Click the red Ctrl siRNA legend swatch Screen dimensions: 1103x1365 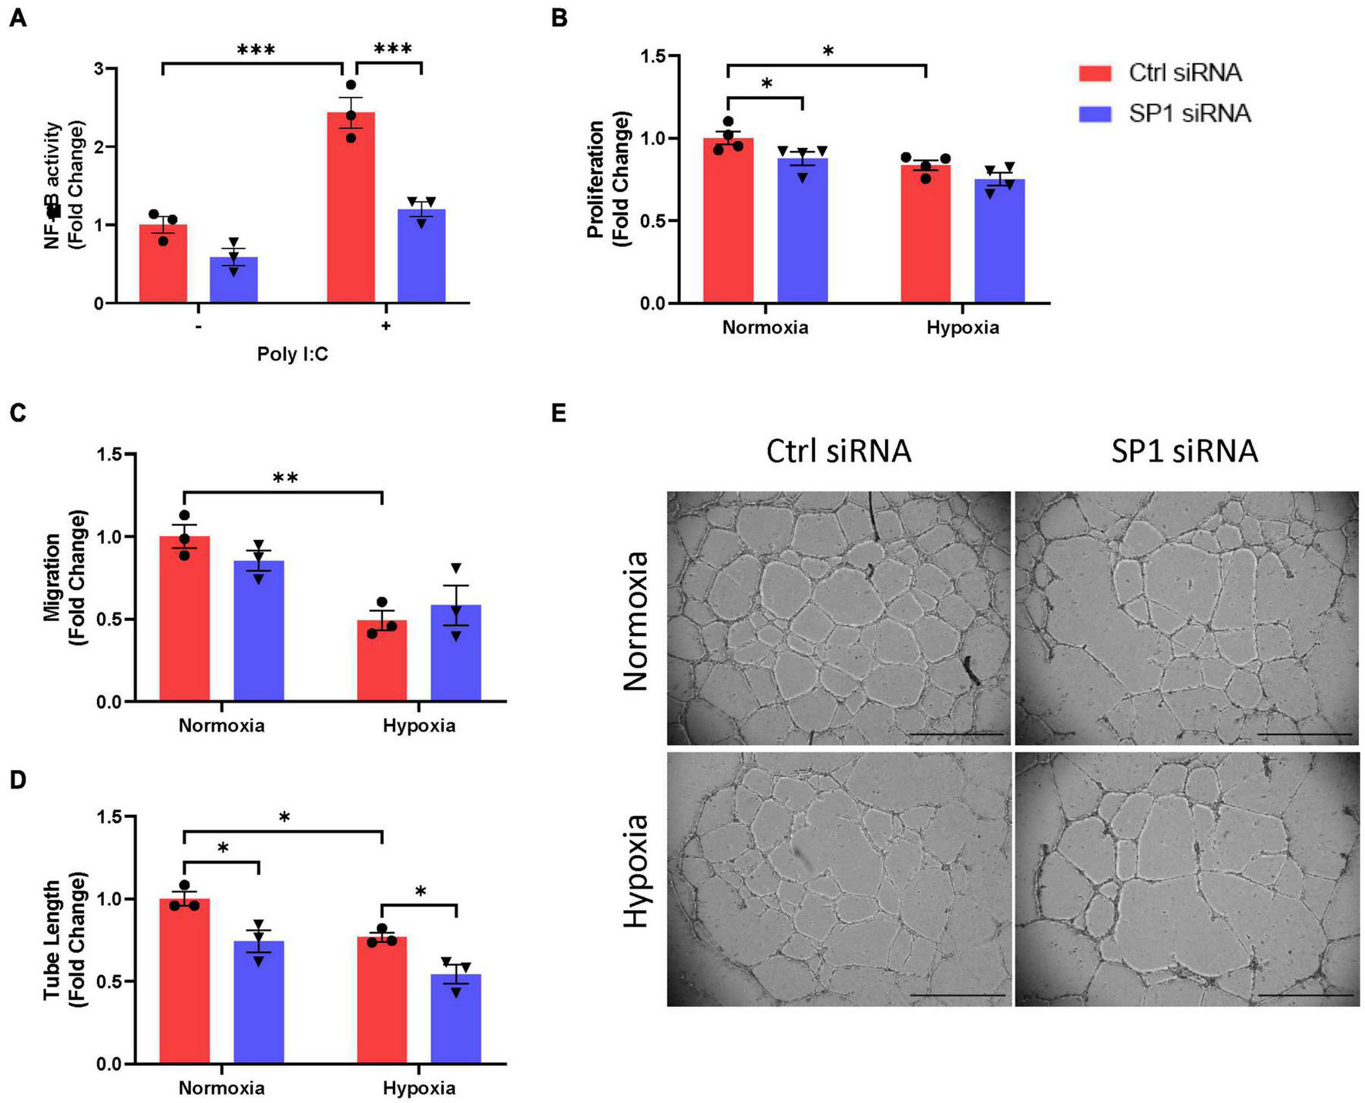[1095, 73]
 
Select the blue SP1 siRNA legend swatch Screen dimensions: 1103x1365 [1095, 114]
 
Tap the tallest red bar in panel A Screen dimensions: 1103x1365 [350, 208]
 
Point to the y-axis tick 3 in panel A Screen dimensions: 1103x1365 [99, 69]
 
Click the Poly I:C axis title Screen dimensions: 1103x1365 [292, 354]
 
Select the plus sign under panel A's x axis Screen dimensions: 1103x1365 [385, 326]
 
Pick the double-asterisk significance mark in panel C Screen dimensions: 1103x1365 [285, 478]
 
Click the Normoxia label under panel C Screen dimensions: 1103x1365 [222, 726]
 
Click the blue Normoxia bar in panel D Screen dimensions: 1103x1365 [259, 1002]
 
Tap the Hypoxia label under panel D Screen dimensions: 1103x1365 [419, 1088]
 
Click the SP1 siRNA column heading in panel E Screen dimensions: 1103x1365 [1185, 451]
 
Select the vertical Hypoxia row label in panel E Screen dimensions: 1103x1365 [636, 871]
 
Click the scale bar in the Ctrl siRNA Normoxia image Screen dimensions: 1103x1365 [957, 734]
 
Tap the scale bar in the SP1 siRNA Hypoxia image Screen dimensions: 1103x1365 [1305, 996]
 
